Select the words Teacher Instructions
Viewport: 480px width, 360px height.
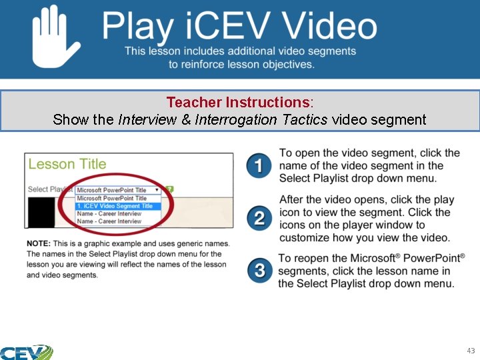pyautogui.click(x=238, y=103)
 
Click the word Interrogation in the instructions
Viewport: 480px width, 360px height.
pyautogui.click(x=235, y=120)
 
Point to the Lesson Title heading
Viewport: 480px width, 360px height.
pyautogui.click(x=67, y=164)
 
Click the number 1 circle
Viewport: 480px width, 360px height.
pyautogui.click(x=259, y=165)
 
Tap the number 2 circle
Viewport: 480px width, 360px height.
pyautogui.click(x=259, y=217)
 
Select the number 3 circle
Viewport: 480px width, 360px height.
pyautogui.click(x=259, y=270)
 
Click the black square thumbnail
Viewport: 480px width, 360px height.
pyautogui.click(x=41, y=213)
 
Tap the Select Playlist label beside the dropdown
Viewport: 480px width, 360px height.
pyautogui.click(x=49, y=189)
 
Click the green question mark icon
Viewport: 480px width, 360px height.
pyautogui.click(x=169, y=189)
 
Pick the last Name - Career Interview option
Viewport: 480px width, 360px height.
pyautogui.click(x=109, y=221)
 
